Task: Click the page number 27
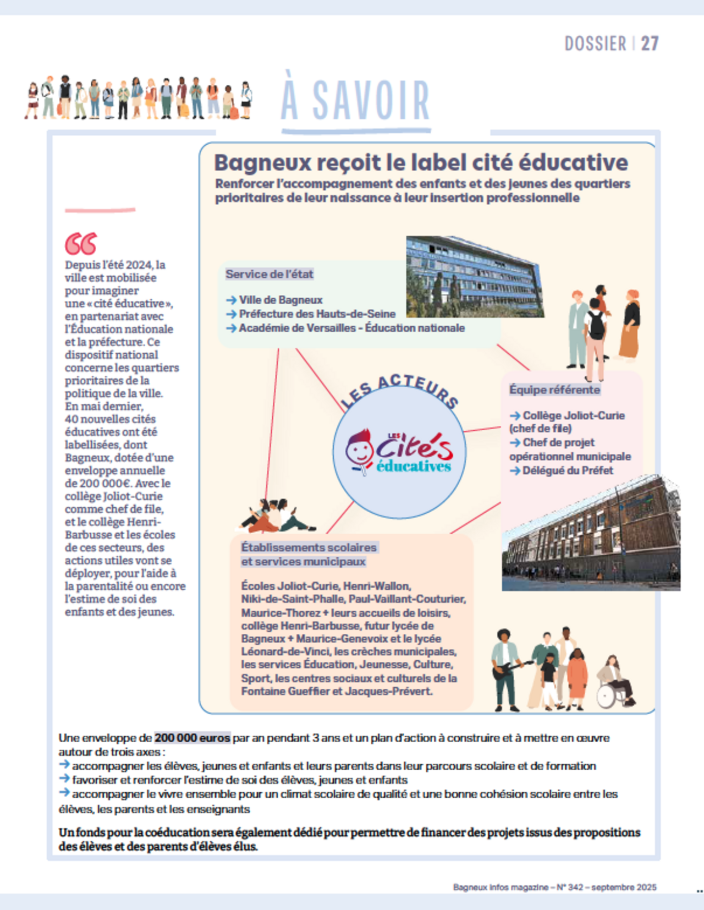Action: tap(650, 44)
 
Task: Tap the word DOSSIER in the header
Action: tap(595, 44)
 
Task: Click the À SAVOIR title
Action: tap(355, 101)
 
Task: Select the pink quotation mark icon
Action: tap(81, 244)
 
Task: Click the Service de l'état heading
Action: tap(269, 274)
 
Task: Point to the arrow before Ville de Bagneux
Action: tap(231, 300)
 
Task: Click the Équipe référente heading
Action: tap(554, 390)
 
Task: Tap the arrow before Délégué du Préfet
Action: tap(515, 470)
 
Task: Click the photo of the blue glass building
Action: tap(475, 277)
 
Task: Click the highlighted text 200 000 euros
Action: tap(193, 738)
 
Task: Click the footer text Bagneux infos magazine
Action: tap(500, 887)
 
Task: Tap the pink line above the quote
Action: tap(100, 210)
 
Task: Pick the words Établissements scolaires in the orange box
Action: tap(309, 547)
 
